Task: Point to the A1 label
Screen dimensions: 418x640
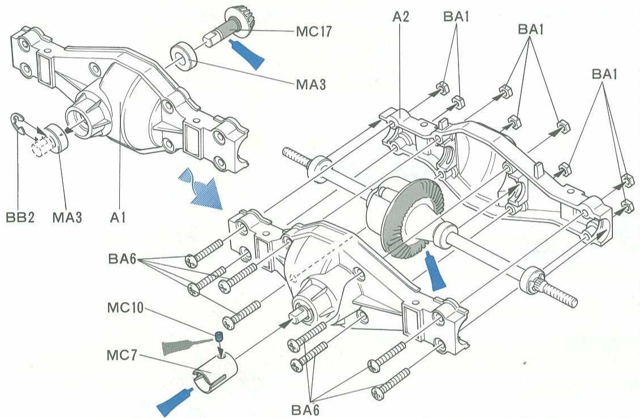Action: tap(118, 217)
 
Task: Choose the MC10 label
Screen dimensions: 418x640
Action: tap(126, 311)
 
